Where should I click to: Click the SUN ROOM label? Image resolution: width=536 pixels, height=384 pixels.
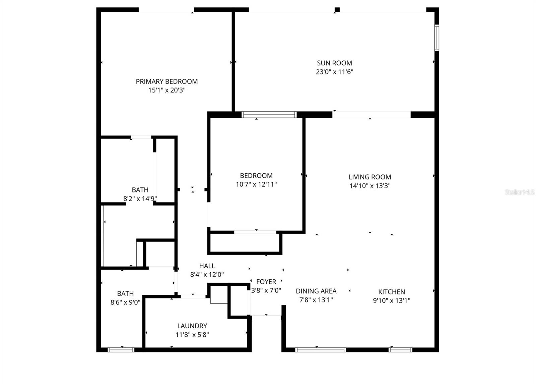coord(334,63)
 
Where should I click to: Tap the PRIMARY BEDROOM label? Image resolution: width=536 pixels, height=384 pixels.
coord(166,81)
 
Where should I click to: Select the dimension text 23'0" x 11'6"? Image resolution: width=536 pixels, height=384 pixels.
coord(334,72)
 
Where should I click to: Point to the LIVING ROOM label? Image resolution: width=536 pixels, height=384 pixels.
coord(370,177)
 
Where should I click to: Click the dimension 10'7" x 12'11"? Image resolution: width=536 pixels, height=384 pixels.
coord(256,184)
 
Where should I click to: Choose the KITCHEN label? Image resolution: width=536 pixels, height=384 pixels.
coord(392,292)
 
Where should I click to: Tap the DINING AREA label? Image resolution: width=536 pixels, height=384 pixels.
coord(316,291)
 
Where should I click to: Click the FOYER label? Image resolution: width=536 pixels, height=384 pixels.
coord(266,282)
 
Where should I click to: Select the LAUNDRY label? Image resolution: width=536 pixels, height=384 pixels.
coord(192,326)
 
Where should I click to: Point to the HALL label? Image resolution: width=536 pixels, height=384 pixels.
coord(207,266)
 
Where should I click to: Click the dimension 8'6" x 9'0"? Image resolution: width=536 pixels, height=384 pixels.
coord(125,302)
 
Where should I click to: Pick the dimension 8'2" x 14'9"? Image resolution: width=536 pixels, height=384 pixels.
coord(140,199)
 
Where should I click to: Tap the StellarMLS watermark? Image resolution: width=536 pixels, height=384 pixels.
coord(520,192)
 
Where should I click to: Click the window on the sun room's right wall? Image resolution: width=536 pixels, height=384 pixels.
coord(437,38)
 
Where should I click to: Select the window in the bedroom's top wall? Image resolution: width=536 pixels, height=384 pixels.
coord(269,115)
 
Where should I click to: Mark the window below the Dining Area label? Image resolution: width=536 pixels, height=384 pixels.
coord(321,349)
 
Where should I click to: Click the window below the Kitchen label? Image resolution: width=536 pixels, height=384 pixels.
coord(400,349)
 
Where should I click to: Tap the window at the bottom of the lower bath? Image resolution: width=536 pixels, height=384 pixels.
coord(121,349)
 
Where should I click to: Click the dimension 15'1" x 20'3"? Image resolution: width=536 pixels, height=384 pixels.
coord(166,90)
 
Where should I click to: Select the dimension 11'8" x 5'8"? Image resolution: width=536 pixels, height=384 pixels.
coord(192,335)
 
